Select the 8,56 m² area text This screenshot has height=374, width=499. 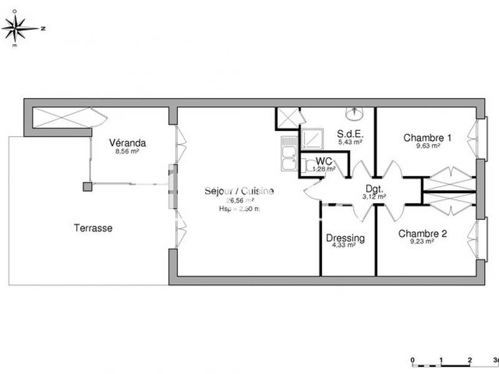pos(127,151)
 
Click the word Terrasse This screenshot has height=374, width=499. pos(94,228)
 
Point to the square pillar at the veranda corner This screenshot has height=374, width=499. pos(87,185)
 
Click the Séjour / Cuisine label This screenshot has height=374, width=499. pos(239,191)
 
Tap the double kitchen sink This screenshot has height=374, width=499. pos(289,155)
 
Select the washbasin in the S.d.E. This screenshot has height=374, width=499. pos(355,113)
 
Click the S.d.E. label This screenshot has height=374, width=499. pos(350,133)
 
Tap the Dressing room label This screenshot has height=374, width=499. pos(345,238)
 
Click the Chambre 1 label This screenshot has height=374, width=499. pos(427,138)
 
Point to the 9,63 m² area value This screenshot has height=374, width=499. pos(427,146)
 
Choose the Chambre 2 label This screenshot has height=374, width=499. pos(423,234)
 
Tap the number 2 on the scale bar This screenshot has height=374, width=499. pos(469,360)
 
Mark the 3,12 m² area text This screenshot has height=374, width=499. pos(374,196)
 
